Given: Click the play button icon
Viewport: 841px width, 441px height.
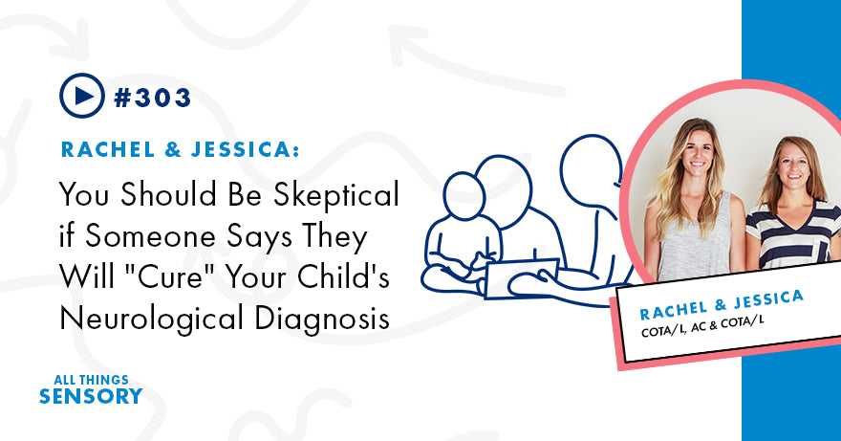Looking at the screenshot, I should [x=81, y=96].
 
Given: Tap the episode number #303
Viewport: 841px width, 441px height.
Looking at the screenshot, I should [x=153, y=97].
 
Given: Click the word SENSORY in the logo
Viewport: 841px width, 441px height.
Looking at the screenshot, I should [x=91, y=396].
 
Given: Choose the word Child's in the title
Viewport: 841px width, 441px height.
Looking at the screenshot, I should [x=335, y=276].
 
